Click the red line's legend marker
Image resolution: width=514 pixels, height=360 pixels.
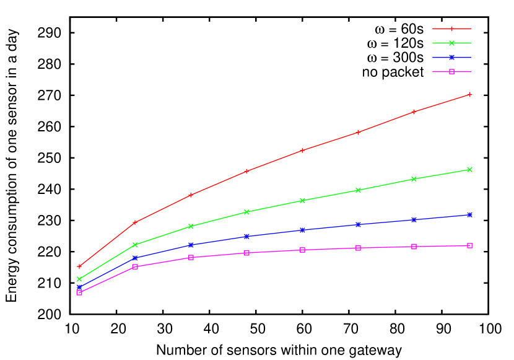click(451, 29)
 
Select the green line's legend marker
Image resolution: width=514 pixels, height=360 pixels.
click(451, 43)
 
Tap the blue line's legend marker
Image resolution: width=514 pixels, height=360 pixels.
click(451, 57)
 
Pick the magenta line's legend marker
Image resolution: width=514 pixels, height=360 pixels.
click(451, 71)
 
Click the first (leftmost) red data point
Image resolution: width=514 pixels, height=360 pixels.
click(79, 266)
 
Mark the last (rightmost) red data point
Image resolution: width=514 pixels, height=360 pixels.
click(469, 94)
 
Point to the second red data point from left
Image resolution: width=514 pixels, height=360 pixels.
click(135, 222)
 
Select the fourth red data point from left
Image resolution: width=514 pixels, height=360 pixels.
click(246, 170)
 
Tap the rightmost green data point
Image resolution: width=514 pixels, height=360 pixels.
click(469, 169)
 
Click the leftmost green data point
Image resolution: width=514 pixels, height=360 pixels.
click(79, 279)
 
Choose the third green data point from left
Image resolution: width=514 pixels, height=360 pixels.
click(191, 226)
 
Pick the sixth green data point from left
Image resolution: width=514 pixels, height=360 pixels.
click(358, 190)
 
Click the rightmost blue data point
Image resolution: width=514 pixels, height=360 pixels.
click(469, 214)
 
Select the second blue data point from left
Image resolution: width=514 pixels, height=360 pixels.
click(135, 258)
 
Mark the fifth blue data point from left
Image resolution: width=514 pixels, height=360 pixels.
click(302, 230)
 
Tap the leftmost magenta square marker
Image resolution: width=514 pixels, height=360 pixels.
click(79, 292)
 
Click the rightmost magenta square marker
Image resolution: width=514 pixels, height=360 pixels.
click(469, 245)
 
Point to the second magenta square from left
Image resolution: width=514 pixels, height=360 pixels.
click(135, 266)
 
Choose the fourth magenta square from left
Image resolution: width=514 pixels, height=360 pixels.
click(246, 253)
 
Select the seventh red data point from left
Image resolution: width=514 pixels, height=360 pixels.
click(414, 112)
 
